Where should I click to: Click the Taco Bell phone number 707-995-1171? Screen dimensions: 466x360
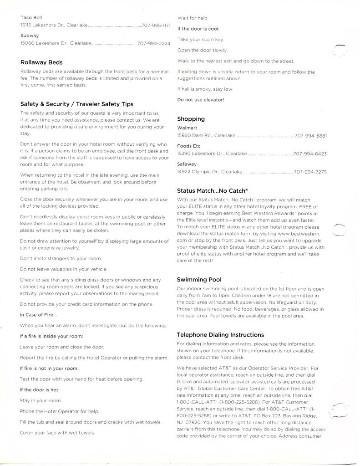coord(156,26)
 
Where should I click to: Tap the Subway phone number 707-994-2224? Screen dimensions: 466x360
coord(153,43)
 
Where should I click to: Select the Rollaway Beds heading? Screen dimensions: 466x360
coord(41,62)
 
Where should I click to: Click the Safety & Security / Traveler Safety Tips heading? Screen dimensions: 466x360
coord(77,104)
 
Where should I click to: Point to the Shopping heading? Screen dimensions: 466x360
coord(191,119)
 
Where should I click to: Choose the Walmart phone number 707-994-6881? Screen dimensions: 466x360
coord(310,136)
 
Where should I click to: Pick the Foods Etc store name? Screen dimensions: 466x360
coord(188,146)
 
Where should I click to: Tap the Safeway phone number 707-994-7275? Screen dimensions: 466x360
coord(310,172)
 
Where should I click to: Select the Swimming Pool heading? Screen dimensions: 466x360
coord(199,280)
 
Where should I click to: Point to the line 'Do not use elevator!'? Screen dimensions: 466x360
coord(201,99)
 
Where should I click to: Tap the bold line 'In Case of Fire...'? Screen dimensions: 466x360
coord(38,315)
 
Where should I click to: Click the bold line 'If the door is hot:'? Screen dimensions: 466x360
coord(40,390)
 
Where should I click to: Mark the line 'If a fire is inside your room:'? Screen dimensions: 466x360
coord(51,336)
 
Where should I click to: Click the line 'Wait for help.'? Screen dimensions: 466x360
coord(193,18)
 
